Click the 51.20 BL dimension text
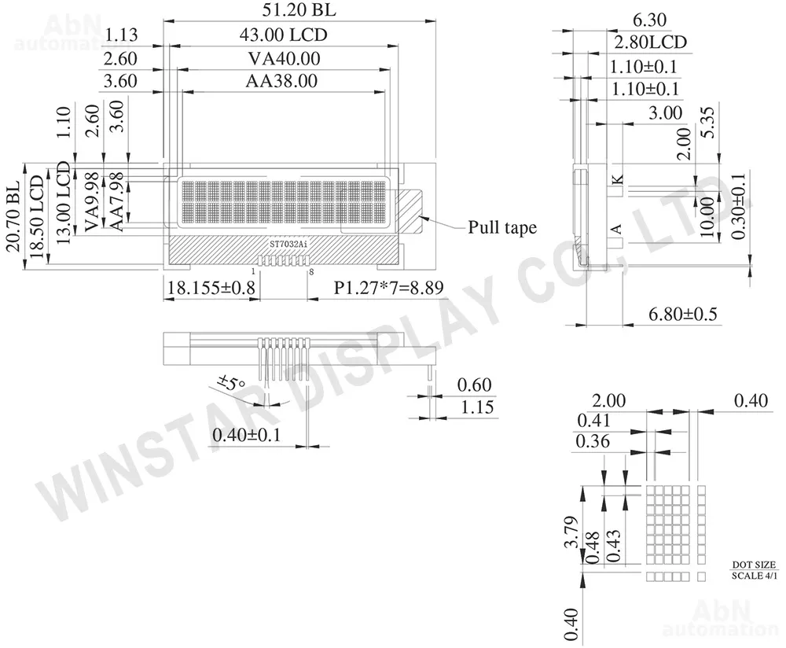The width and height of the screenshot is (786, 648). pos(299,9)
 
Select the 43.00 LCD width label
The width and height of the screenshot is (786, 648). pos(283,35)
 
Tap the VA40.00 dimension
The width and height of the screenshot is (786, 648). pos(285,59)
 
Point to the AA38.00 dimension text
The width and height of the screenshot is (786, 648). pos(281,81)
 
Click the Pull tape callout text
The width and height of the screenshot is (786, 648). pos(502,227)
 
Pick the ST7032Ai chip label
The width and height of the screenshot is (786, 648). pos(288,244)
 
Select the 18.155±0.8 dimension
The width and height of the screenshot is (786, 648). pos(211,287)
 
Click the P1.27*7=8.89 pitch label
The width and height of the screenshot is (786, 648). pos(388,287)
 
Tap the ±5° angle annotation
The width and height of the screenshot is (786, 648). pos(231,383)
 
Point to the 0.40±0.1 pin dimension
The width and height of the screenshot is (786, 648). pos(247,434)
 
